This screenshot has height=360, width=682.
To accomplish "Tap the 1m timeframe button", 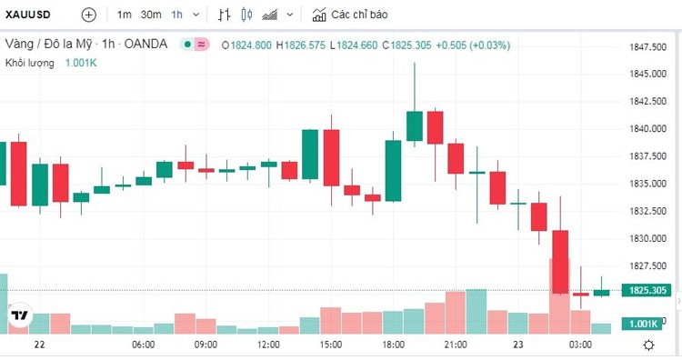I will pyautogui.click(x=125, y=15).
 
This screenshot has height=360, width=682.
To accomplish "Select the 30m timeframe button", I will pyautogui.click(x=151, y=15).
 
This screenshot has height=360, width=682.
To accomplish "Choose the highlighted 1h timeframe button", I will pyautogui.click(x=177, y=15).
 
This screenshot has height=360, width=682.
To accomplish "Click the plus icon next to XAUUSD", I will pyautogui.click(x=88, y=15).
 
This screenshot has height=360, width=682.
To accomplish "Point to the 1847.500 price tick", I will pyautogui.click(x=649, y=46).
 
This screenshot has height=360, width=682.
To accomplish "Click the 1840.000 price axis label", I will pyautogui.click(x=649, y=129).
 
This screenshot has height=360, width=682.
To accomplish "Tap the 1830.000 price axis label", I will pyautogui.click(x=649, y=238).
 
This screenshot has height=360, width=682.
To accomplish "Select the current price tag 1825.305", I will pyautogui.click(x=649, y=291).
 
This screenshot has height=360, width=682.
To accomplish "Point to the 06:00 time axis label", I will pyautogui.click(x=143, y=345).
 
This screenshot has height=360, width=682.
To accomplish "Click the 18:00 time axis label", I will pyautogui.click(x=393, y=345).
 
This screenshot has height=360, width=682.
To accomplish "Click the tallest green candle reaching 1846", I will pyautogui.click(x=415, y=125).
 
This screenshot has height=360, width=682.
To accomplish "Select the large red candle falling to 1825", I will pyautogui.click(x=560, y=261).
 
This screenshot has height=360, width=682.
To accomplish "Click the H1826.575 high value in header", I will pyautogui.click(x=300, y=45).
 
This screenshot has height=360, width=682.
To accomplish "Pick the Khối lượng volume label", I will pyautogui.click(x=30, y=63).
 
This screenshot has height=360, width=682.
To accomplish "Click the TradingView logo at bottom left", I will pyautogui.click(x=18, y=315).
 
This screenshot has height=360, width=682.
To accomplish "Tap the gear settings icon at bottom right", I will pyautogui.click(x=648, y=345).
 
